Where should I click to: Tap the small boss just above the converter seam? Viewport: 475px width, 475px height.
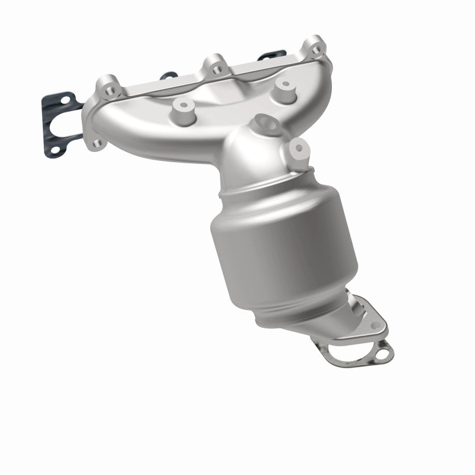pyautogui.click(x=297, y=148)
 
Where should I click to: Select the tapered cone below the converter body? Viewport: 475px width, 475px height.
pyautogui.click(x=297, y=321)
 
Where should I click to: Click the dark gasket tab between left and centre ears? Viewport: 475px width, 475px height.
pyautogui.click(x=169, y=75)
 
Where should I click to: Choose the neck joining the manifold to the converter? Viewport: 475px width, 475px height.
pyautogui.click(x=249, y=154)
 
